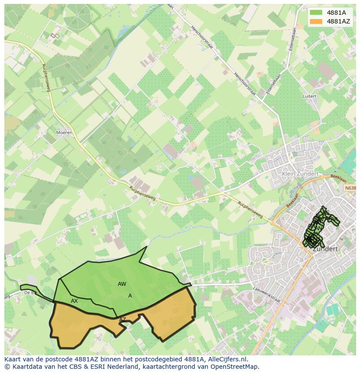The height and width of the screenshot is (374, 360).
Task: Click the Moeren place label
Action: click(x=64, y=132)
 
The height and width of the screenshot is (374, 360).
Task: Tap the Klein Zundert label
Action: click(x=300, y=174)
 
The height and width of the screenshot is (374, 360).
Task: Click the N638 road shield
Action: click(x=350, y=188)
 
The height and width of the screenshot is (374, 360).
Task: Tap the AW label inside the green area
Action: click(x=122, y=284)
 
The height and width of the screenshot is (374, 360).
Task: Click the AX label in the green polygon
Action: click(x=74, y=301)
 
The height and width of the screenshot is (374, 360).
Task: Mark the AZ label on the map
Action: click(x=123, y=319)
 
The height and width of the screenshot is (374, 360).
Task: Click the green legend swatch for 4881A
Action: click(x=316, y=13)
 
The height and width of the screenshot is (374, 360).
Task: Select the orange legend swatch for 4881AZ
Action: click(x=316, y=21)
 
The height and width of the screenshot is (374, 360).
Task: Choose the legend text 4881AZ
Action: click(x=338, y=21)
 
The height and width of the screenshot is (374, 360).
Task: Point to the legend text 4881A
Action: click(x=336, y=13)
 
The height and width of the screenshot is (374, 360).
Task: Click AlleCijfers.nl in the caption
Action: click(x=227, y=359)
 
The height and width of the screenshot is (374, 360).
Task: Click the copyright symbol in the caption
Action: click(x=7, y=367)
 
